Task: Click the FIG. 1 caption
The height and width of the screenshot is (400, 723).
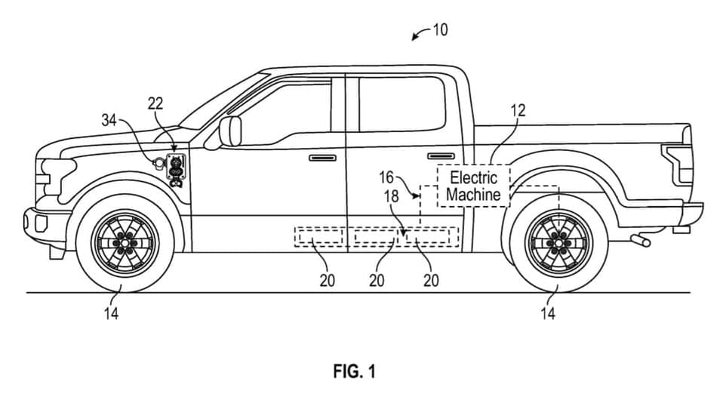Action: click(x=353, y=371)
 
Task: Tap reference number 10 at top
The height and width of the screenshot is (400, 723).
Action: click(x=440, y=30)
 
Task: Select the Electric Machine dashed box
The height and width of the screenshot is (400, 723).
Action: click(x=473, y=186)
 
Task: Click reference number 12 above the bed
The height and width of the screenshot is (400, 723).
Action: click(x=518, y=111)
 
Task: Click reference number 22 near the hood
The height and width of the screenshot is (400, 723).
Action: click(x=155, y=105)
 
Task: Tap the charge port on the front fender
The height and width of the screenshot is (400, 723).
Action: click(x=175, y=168)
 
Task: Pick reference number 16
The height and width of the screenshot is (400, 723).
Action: click(x=386, y=177)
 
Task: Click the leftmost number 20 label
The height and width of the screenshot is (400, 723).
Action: click(x=328, y=280)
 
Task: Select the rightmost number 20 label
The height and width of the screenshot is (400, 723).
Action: click(x=431, y=280)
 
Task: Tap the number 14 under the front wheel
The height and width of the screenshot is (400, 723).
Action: click(x=111, y=312)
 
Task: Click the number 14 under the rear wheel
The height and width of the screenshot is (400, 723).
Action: click(x=548, y=312)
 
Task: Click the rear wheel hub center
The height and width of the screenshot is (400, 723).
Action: click(x=559, y=242)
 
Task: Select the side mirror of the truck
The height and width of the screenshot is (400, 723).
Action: click(x=229, y=131)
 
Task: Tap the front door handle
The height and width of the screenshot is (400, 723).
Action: click(x=322, y=158)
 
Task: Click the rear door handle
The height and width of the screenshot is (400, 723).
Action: click(x=441, y=156)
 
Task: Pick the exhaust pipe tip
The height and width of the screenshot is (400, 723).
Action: click(x=642, y=241)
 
